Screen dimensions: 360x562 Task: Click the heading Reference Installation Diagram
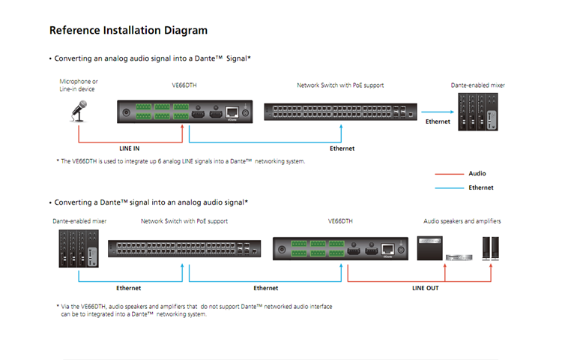[x=128, y=31]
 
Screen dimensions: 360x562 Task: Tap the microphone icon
[x=79, y=110]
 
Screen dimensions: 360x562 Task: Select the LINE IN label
[x=130, y=148]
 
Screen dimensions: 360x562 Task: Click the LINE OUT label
[x=425, y=287]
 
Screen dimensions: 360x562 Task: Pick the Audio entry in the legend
[x=477, y=173]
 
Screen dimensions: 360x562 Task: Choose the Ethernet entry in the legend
[x=480, y=187]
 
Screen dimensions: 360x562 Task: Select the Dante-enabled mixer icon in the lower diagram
[x=79, y=248]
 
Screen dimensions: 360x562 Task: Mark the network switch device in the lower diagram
[x=184, y=248]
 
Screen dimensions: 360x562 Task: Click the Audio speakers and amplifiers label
[x=462, y=221]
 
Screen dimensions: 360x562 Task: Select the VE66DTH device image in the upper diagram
[x=184, y=112]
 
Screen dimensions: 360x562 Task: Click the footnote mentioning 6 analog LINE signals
[x=181, y=161]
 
